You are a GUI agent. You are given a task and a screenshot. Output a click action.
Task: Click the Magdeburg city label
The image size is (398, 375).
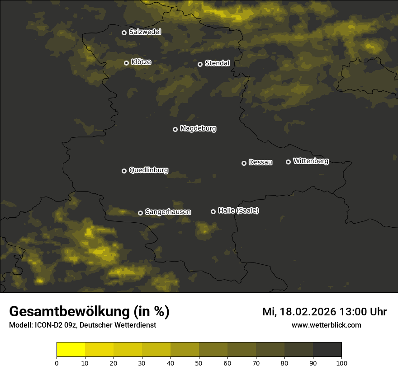pyautogui.click(x=198, y=129)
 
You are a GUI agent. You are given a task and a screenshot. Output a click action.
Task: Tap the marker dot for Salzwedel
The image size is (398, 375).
pyautogui.click(x=124, y=33)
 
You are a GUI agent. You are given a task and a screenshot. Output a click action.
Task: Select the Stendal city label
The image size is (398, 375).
pyautogui.click(x=217, y=63)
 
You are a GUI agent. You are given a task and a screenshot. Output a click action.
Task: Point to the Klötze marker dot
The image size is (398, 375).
pyautogui.click(x=126, y=63)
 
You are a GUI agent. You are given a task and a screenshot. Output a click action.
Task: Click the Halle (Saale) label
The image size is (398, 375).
pyautogui.click(x=238, y=211)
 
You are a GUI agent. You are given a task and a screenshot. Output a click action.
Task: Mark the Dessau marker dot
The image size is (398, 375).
pyautogui.click(x=244, y=163)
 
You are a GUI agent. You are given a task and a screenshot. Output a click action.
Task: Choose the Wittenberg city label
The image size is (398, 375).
pyautogui.click(x=311, y=161)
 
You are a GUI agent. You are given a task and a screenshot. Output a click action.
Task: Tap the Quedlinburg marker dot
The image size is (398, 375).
pyautogui.click(x=124, y=171)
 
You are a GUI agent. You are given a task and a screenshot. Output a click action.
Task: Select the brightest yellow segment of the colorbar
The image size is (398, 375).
pyautogui.click(x=71, y=350)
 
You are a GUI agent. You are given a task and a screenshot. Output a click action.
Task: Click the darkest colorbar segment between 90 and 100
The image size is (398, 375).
pyautogui.click(x=327, y=350)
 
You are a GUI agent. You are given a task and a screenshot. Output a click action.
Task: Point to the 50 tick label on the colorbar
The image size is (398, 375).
pyautogui.click(x=199, y=363)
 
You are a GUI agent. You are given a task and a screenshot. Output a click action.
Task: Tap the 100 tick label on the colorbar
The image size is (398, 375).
pyautogui.click(x=341, y=363)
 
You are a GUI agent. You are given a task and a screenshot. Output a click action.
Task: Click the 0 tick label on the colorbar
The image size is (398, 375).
pyautogui.click(x=57, y=363)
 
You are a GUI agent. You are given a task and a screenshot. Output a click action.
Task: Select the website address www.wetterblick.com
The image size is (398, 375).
pyautogui.click(x=326, y=325)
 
